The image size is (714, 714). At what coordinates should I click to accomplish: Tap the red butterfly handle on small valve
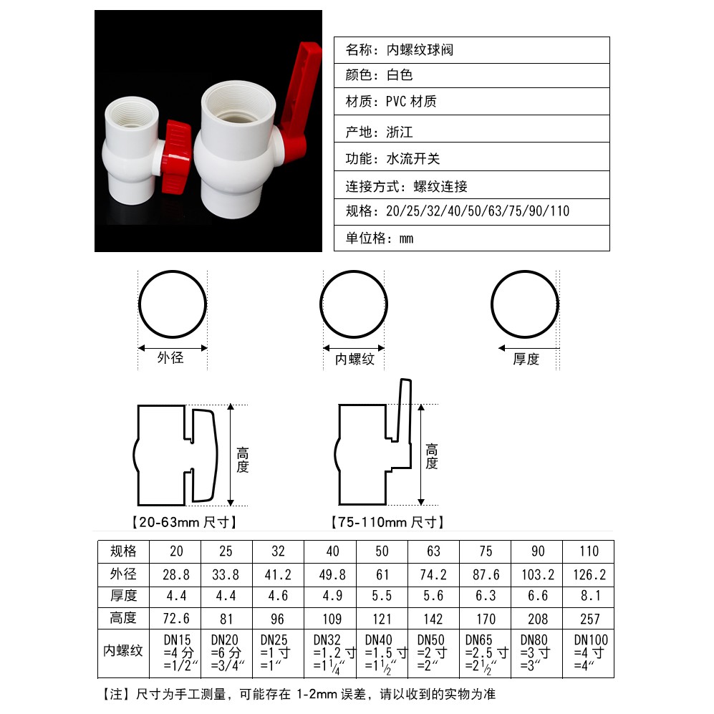176,157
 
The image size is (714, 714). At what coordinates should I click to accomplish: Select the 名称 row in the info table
472,50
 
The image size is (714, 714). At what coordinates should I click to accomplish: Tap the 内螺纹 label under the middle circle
354,360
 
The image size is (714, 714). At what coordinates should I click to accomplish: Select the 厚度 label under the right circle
526,359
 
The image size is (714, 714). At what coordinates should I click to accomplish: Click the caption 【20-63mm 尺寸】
185,522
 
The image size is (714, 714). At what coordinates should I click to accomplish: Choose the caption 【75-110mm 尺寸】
387,522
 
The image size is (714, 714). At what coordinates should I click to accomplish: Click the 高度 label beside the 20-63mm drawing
242,460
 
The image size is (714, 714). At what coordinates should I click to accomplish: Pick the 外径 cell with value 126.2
589,574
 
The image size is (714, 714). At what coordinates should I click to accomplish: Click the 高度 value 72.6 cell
175,618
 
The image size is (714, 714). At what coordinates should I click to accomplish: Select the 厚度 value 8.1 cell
589,597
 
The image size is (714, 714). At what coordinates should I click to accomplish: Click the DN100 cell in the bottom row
589,653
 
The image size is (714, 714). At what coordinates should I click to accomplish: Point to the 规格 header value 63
433,551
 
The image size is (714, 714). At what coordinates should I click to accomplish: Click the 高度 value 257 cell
589,618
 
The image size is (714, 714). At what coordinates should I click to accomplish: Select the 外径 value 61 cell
382,574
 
